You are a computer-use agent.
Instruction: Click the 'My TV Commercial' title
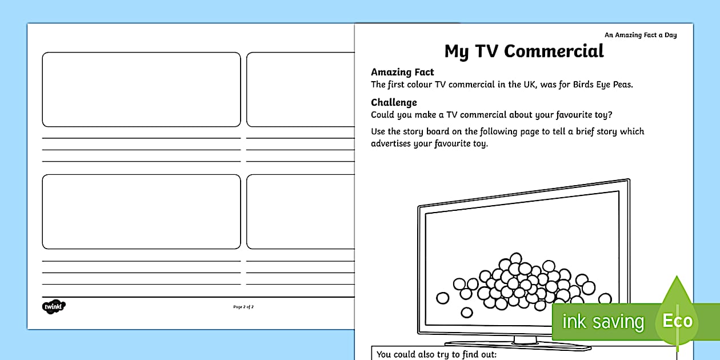523,51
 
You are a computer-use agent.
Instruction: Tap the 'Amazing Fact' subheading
402,72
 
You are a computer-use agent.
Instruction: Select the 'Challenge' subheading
394,102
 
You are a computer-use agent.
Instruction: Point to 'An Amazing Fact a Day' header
640,35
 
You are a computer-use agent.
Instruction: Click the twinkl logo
54,307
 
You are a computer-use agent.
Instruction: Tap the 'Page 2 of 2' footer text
243,307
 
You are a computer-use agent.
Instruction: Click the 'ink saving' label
602,322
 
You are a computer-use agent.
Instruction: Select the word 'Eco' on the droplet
677,321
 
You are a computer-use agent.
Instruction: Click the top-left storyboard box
141,89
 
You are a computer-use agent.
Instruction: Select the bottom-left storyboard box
141,211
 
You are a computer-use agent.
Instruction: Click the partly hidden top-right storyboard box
300,89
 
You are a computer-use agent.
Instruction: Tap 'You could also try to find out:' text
436,354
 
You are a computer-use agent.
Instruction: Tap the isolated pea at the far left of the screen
442,298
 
